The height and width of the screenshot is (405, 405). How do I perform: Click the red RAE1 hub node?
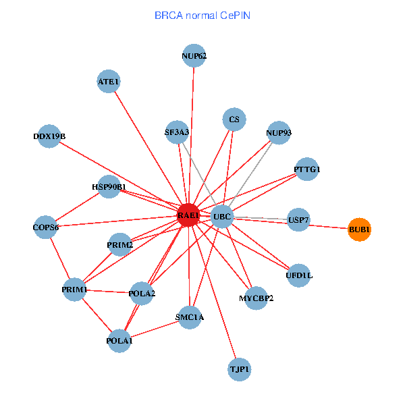coord(188,215)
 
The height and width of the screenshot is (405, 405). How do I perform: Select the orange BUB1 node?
coord(359,230)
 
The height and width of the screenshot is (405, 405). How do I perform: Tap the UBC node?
coord(221,217)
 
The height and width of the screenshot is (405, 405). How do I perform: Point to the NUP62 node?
coord(194,56)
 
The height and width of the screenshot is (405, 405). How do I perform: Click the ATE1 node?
coord(109,82)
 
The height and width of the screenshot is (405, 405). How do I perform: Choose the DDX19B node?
coord(49,136)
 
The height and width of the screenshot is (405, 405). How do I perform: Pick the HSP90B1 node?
coord(109,186)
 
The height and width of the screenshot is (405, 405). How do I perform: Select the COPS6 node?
coord(46,227)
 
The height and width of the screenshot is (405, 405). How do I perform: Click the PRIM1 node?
coord(74,290)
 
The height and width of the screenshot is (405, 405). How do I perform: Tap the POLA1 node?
coord(119,340)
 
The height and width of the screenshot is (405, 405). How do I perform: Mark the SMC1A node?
coord(190,316)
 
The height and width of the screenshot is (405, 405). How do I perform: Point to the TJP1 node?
coord(240,369)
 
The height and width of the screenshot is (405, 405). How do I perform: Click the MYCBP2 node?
coord(256,298)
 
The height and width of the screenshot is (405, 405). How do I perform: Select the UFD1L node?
coord(299,275)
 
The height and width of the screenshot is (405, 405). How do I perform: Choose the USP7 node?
coord(298,220)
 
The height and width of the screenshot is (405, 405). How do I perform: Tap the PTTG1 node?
coord(306,169)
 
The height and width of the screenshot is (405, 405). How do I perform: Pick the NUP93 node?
coord(279,133)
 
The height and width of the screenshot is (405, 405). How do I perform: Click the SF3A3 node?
coord(177,132)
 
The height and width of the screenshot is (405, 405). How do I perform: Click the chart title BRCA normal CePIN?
coord(202,15)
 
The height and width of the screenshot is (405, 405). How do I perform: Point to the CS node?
coord(234,120)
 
